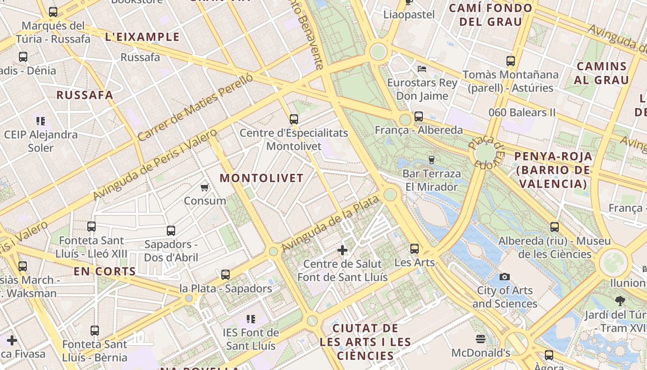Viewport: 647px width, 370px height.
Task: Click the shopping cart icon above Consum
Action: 204,187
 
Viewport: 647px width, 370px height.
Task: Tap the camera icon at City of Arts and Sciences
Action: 505,277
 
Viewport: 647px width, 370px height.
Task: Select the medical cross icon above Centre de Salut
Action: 342,250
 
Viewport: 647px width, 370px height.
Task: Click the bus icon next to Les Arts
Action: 415,249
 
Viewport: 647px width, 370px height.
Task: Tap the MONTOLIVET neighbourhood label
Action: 262,178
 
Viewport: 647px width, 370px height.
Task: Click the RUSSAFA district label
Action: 85,95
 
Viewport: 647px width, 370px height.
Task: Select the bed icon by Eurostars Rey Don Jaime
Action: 422,69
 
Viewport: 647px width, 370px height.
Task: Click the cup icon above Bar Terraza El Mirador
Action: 432,160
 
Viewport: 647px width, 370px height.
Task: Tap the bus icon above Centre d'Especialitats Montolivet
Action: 294,119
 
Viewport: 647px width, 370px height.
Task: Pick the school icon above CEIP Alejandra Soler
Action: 41,121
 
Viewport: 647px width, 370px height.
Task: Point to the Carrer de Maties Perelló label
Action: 195,107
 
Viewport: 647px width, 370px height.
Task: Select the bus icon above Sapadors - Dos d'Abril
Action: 171,230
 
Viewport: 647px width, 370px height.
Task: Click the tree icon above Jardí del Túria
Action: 620,301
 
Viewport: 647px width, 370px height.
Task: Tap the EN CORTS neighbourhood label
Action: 105,271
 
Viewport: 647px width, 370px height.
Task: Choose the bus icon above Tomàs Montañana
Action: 511,61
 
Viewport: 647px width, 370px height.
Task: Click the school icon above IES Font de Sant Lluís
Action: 251,319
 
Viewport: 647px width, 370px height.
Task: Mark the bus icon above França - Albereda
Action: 419,116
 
